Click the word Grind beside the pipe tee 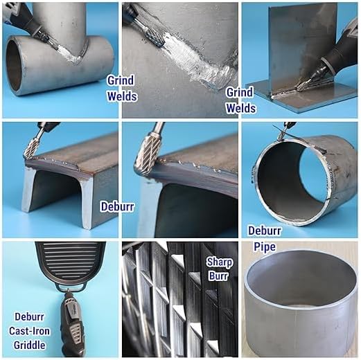[121, 80]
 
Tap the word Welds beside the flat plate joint [241, 108]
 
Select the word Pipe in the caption [265, 246]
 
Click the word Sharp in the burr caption [219, 262]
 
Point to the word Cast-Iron [29, 331]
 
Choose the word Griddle [29, 345]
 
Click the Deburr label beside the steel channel [117, 206]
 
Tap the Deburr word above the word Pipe [265, 231]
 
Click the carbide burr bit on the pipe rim [281, 134]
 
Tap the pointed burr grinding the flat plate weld [303, 84]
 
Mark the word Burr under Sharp [218, 276]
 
